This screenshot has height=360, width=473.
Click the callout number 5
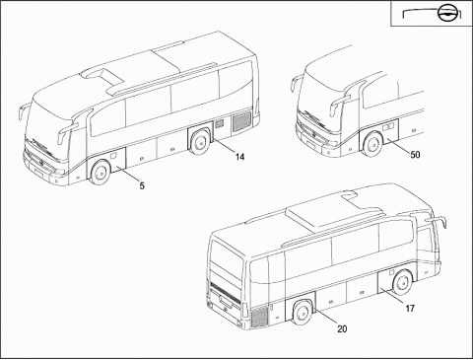click(142, 185)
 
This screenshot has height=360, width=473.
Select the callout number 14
click(239, 157)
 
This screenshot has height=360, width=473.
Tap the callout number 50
click(415, 154)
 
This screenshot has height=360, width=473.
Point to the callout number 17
click(410, 309)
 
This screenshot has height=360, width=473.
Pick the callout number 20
click(342, 328)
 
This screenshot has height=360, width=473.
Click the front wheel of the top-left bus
click(101, 173)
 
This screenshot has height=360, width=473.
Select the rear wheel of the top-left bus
click(199, 143)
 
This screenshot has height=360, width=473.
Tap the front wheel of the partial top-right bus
click(373, 144)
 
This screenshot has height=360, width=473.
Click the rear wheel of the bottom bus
click(303, 313)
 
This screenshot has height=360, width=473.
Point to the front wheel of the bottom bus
click(403, 282)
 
